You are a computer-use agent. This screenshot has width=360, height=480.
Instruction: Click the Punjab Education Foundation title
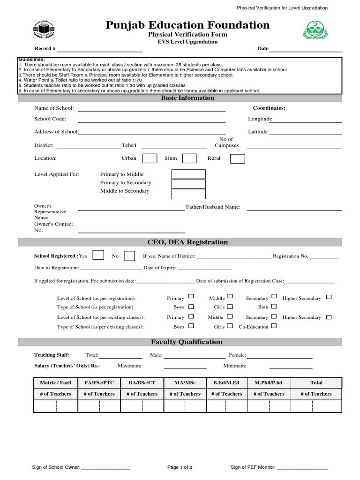pos(187,25)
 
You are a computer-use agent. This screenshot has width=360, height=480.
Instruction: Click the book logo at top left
pos(44,30)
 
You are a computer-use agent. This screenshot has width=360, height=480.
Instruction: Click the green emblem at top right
pos(316,30)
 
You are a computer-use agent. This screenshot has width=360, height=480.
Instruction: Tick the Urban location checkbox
pos(150,158)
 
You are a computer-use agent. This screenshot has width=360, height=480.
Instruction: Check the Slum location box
pos(189,158)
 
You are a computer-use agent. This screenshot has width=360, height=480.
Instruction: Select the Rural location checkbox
pos(237,158)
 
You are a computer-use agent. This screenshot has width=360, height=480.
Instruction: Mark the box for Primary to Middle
pos(188,174)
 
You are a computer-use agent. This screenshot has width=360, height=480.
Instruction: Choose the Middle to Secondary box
pos(188,194)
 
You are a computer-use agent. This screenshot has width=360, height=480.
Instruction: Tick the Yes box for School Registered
pos(98,255)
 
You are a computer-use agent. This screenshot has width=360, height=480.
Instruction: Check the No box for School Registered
pos(129,256)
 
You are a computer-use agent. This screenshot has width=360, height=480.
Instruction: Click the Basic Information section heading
pos(187,98)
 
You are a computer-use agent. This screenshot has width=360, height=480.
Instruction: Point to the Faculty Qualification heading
pos(187,342)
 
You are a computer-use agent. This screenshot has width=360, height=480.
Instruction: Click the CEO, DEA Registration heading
pos(187,242)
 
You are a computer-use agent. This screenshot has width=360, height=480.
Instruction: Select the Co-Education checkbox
pos(274,326)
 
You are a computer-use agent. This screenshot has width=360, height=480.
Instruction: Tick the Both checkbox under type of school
pos(274,307)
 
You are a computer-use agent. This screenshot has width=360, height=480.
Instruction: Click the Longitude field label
pos(260,119)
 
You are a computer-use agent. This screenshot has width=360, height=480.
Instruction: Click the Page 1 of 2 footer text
pos(180,467)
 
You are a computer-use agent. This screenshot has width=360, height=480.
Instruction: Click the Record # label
pos(45,49)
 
